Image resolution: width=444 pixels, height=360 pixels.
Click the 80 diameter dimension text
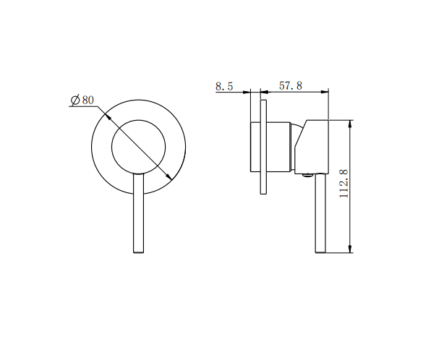point(87,100)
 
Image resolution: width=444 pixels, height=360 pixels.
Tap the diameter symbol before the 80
point(74,100)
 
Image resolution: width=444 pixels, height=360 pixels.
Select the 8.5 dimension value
point(224,86)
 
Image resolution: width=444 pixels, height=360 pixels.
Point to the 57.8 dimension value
point(290,86)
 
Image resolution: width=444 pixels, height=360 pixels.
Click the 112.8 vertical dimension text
point(344,184)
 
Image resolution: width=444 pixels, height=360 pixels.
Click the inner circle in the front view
point(138,147)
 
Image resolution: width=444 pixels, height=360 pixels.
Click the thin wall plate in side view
point(263,148)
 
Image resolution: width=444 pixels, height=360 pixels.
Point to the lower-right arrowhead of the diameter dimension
point(171,179)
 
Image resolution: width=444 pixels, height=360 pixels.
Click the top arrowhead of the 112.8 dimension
point(351,123)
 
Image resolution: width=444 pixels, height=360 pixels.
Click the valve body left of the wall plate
point(255,148)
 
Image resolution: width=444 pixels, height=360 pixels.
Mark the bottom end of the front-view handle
point(139,251)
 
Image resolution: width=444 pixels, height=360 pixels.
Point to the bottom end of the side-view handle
point(320,251)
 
